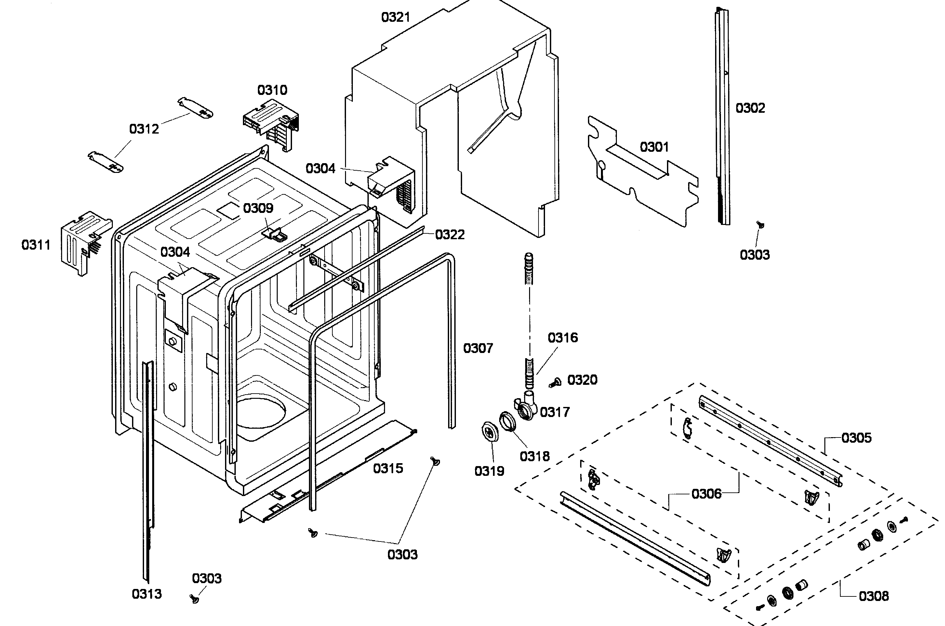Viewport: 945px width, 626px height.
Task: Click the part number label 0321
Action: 395,17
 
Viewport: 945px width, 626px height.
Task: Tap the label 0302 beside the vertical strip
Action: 750,108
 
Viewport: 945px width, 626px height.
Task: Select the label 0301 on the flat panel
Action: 654,147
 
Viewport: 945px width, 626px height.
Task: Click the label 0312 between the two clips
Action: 144,129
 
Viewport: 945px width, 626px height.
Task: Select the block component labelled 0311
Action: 84,241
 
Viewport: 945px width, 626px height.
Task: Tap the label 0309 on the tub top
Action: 258,208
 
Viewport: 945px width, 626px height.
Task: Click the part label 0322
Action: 450,235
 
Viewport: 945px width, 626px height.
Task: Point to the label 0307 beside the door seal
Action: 478,348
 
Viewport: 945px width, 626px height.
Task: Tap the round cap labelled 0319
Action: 490,432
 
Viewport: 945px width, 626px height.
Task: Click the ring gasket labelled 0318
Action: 507,422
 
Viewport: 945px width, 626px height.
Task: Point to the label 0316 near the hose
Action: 562,338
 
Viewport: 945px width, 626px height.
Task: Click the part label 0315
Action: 388,468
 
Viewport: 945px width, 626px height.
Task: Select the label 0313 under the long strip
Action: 147,594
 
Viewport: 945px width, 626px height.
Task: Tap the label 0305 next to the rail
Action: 856,438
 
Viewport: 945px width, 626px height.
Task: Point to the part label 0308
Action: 873,596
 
